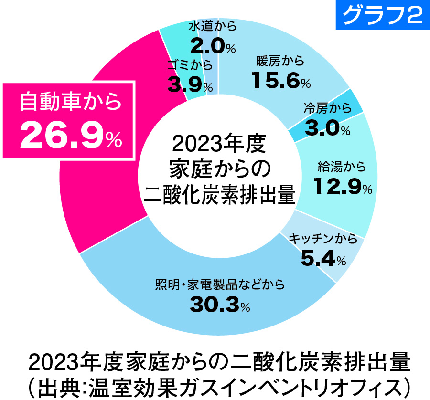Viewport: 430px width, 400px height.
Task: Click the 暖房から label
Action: click(280, 61)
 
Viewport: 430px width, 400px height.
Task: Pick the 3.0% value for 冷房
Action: click(327, 128)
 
